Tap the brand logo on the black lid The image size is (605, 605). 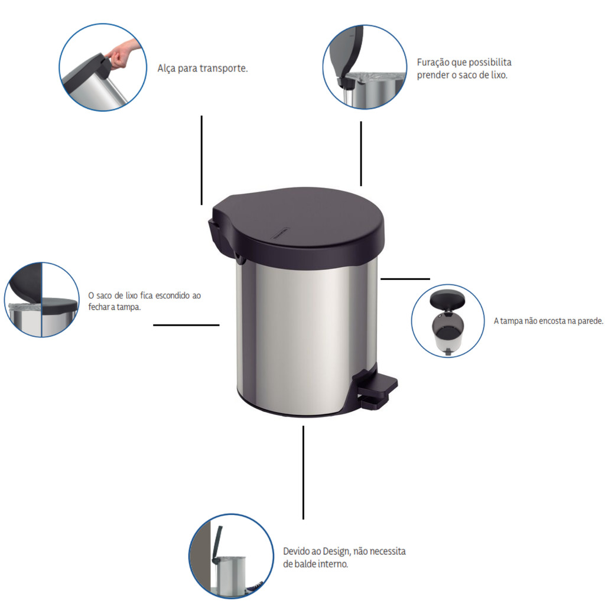point(281,233)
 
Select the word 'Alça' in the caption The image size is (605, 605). point(166,69)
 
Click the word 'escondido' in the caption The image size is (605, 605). point(172,295)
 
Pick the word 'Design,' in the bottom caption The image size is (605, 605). point(336,551)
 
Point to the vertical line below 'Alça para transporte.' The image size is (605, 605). point(201,160)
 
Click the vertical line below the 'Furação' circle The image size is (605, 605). point(361,154)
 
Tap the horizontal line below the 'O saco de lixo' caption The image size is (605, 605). point(186,326)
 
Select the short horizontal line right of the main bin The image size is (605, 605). point(405,279)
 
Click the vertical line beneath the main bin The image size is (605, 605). point(303,473)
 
